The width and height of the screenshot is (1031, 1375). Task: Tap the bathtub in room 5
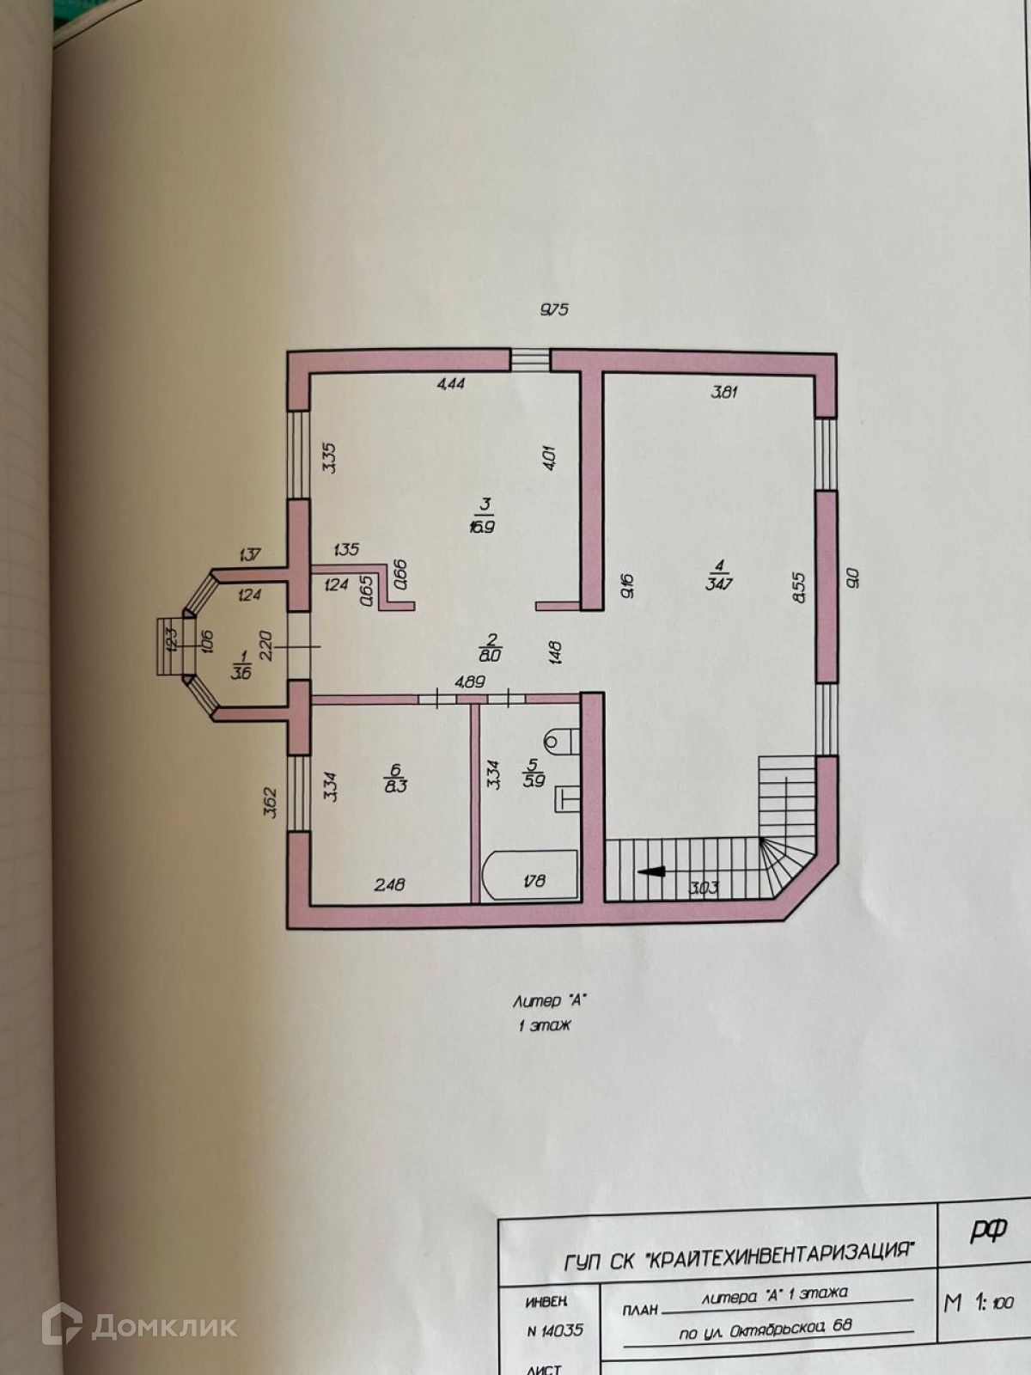click(529, 876)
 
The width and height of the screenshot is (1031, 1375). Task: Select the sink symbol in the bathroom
click(568, 798)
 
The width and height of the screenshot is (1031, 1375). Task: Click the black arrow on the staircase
click(652, 871)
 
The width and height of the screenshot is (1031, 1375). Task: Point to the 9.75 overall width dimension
click(554, 310)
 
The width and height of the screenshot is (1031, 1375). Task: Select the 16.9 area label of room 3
click(482, 526)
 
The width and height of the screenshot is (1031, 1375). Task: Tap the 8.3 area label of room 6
click(396, 785)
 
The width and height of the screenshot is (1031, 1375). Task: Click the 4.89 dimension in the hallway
click(469, 681)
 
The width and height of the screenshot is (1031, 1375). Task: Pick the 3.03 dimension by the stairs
click(705, 888)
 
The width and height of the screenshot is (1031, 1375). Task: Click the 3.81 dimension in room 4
click(723, 393)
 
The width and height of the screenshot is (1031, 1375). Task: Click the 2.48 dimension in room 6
click(389, 883)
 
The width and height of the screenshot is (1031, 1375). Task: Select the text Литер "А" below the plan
click(550, 1000)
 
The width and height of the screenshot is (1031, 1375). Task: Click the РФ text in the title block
click(988, 1231)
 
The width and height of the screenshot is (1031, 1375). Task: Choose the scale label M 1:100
click(979, 1303)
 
